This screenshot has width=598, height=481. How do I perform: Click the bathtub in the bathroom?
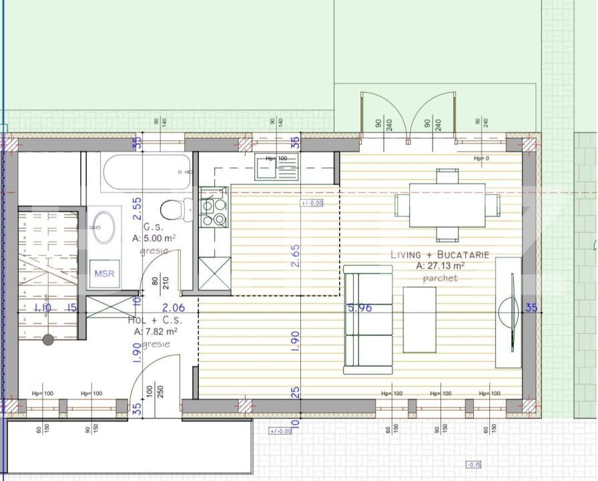coord(147,172)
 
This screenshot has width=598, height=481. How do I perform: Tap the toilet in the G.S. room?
coord(173,210)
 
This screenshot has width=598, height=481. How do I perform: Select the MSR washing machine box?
coord(103,273)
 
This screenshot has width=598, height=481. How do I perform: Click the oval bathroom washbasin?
coord(103,226)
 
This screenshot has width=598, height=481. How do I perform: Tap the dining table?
coord(447,204)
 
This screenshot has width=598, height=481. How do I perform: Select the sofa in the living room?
coord(367,319)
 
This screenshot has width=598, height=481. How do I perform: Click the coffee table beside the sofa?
coord(420,319)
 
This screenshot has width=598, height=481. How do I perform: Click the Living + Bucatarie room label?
coord(440,255)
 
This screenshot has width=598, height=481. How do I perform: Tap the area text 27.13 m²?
coord(440,265)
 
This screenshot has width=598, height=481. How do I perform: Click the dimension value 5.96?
coord(359,308)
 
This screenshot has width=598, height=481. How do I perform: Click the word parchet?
coord(440,277)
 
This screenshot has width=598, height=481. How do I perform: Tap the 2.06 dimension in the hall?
coord(173,308)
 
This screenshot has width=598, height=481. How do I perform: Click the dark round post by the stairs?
coord(48,339)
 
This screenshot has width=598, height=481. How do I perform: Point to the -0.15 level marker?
coord(473,465)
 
